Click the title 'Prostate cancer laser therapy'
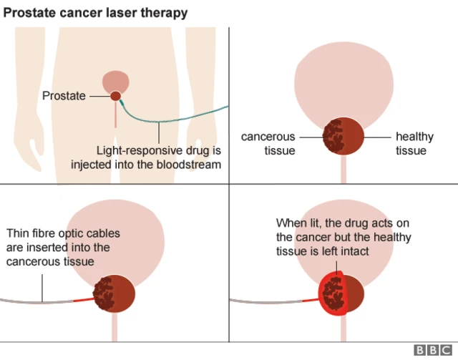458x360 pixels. tap(96, 12)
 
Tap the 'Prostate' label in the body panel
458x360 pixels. tap(64, 95)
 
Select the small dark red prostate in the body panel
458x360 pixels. tap(115, 95)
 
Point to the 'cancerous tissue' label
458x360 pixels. tap(268, 143)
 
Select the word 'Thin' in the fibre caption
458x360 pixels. tap(18, 234)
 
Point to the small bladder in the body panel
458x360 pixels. tap(115, 80)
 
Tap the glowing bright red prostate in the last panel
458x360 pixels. tap(340, 293)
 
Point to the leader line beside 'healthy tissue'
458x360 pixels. tap(377, 136)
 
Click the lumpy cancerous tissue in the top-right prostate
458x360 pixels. tap(333, 135)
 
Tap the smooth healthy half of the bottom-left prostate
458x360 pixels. tap(123, 294)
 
